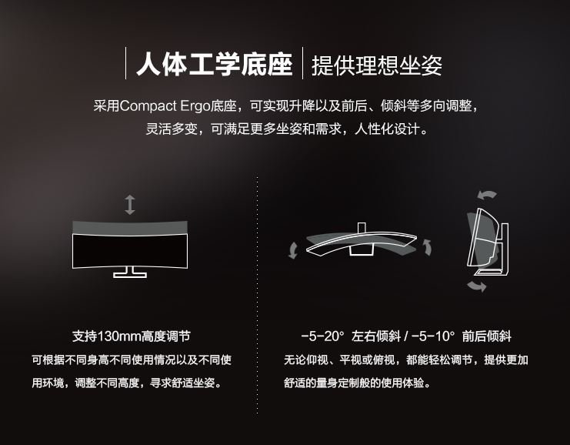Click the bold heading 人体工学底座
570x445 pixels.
pos(215,65)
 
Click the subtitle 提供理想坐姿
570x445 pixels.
pos(377,65)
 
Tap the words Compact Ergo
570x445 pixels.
pos(165,106)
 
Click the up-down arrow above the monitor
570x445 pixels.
pos(130,205)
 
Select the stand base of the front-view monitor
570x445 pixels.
pos(130,273)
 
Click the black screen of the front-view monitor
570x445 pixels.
pos(130,251)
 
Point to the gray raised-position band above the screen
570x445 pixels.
pos(130,228)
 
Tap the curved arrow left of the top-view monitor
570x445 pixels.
pos(293,251)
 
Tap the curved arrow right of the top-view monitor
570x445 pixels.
pos(428,247)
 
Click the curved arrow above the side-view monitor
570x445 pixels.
pos(487,195)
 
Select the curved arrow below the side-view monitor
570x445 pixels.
pos(477,286)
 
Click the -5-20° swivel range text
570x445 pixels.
pos(322,336)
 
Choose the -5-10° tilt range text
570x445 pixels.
pos(433,336)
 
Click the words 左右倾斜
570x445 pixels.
pos(376,336)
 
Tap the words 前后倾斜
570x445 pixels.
pos(487,336)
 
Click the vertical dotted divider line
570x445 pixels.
pos(258,295)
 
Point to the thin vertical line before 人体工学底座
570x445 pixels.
pos(126,63)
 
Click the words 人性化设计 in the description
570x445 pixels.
pos(387,129)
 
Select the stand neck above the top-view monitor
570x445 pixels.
pos(362,227)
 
